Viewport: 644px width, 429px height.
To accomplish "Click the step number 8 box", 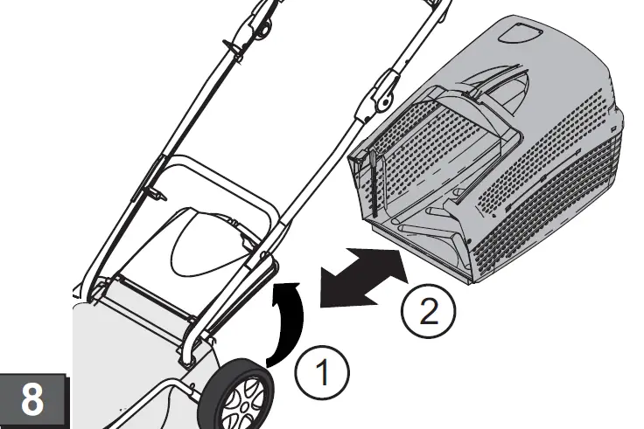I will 32,400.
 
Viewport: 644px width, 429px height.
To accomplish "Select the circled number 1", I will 320,375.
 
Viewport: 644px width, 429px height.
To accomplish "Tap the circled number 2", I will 428,311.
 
